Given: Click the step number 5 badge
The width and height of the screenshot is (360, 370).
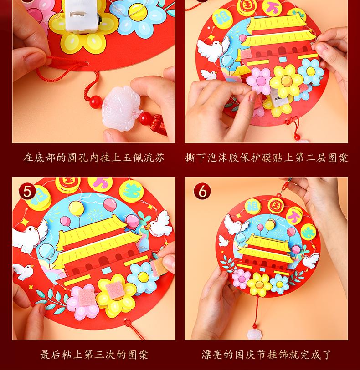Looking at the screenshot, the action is click(27, 191).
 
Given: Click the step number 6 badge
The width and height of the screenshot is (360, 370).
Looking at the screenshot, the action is click(202, 191).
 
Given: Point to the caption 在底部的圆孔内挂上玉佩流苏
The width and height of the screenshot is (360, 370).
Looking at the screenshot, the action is click(93, 157).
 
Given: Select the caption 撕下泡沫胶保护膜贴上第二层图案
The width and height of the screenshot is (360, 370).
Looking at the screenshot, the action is click(267, 157).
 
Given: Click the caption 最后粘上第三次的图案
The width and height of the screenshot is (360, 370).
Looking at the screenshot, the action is click(94, 355).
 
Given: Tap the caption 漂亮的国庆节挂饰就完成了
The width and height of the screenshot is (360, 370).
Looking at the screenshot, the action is click(267, 355).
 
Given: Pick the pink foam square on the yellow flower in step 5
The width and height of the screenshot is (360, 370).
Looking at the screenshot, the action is click(114, 289).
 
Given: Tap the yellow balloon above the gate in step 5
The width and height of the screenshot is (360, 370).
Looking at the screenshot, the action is click(76, 208).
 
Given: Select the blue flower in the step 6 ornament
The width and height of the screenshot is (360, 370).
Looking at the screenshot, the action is click(279, 284).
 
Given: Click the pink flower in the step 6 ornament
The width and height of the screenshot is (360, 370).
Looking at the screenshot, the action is click(241, 279).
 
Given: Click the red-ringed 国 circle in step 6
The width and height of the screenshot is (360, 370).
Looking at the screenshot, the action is click(276, 206).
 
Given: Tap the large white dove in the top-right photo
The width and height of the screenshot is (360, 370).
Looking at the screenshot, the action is click(213, 49).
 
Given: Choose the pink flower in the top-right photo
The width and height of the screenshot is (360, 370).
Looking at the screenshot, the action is click(259, 80).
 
